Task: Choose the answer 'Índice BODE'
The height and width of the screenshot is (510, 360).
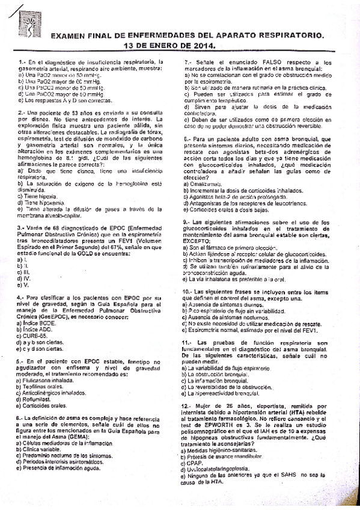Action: click(38, 323)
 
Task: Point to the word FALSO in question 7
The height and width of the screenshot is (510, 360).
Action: click(259, 62)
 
